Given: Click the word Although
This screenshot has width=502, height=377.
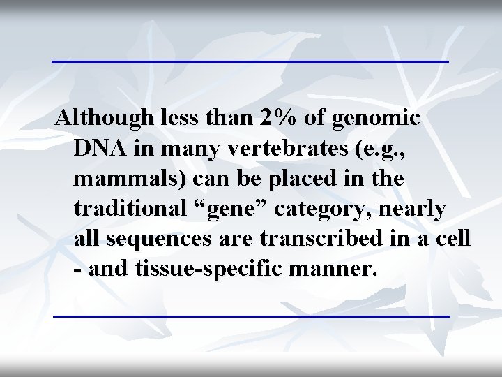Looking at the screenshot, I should [102, 118].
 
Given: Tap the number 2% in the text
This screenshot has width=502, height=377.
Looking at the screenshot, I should [280, 118].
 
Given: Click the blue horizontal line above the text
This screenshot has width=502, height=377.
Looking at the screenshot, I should [250, 61].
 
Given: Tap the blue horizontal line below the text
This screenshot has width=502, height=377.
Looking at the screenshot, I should [252, 316].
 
